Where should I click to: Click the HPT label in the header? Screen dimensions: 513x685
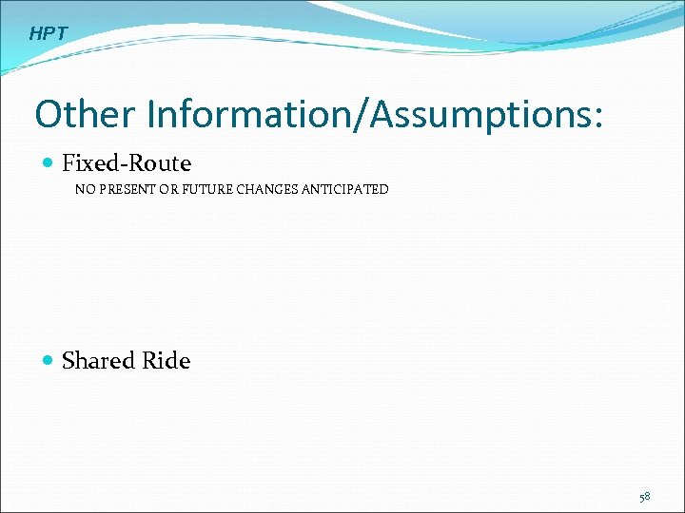click(x=49, y=34)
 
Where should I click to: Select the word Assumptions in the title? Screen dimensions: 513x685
click(x=479, y=115)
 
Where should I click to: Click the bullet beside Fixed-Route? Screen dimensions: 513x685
click(x=49, y=163)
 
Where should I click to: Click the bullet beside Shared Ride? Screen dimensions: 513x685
click(x=49, y=361)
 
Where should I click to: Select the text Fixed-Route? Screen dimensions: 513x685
click(x=127, y=163)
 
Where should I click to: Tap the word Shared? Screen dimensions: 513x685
click(x=98, y=361)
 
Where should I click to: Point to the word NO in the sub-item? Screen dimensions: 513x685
click(x=85, y=190)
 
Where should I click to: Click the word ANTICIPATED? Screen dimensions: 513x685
click(x=345, y=190)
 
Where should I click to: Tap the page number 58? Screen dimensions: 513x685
click(x=645, y=497)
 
